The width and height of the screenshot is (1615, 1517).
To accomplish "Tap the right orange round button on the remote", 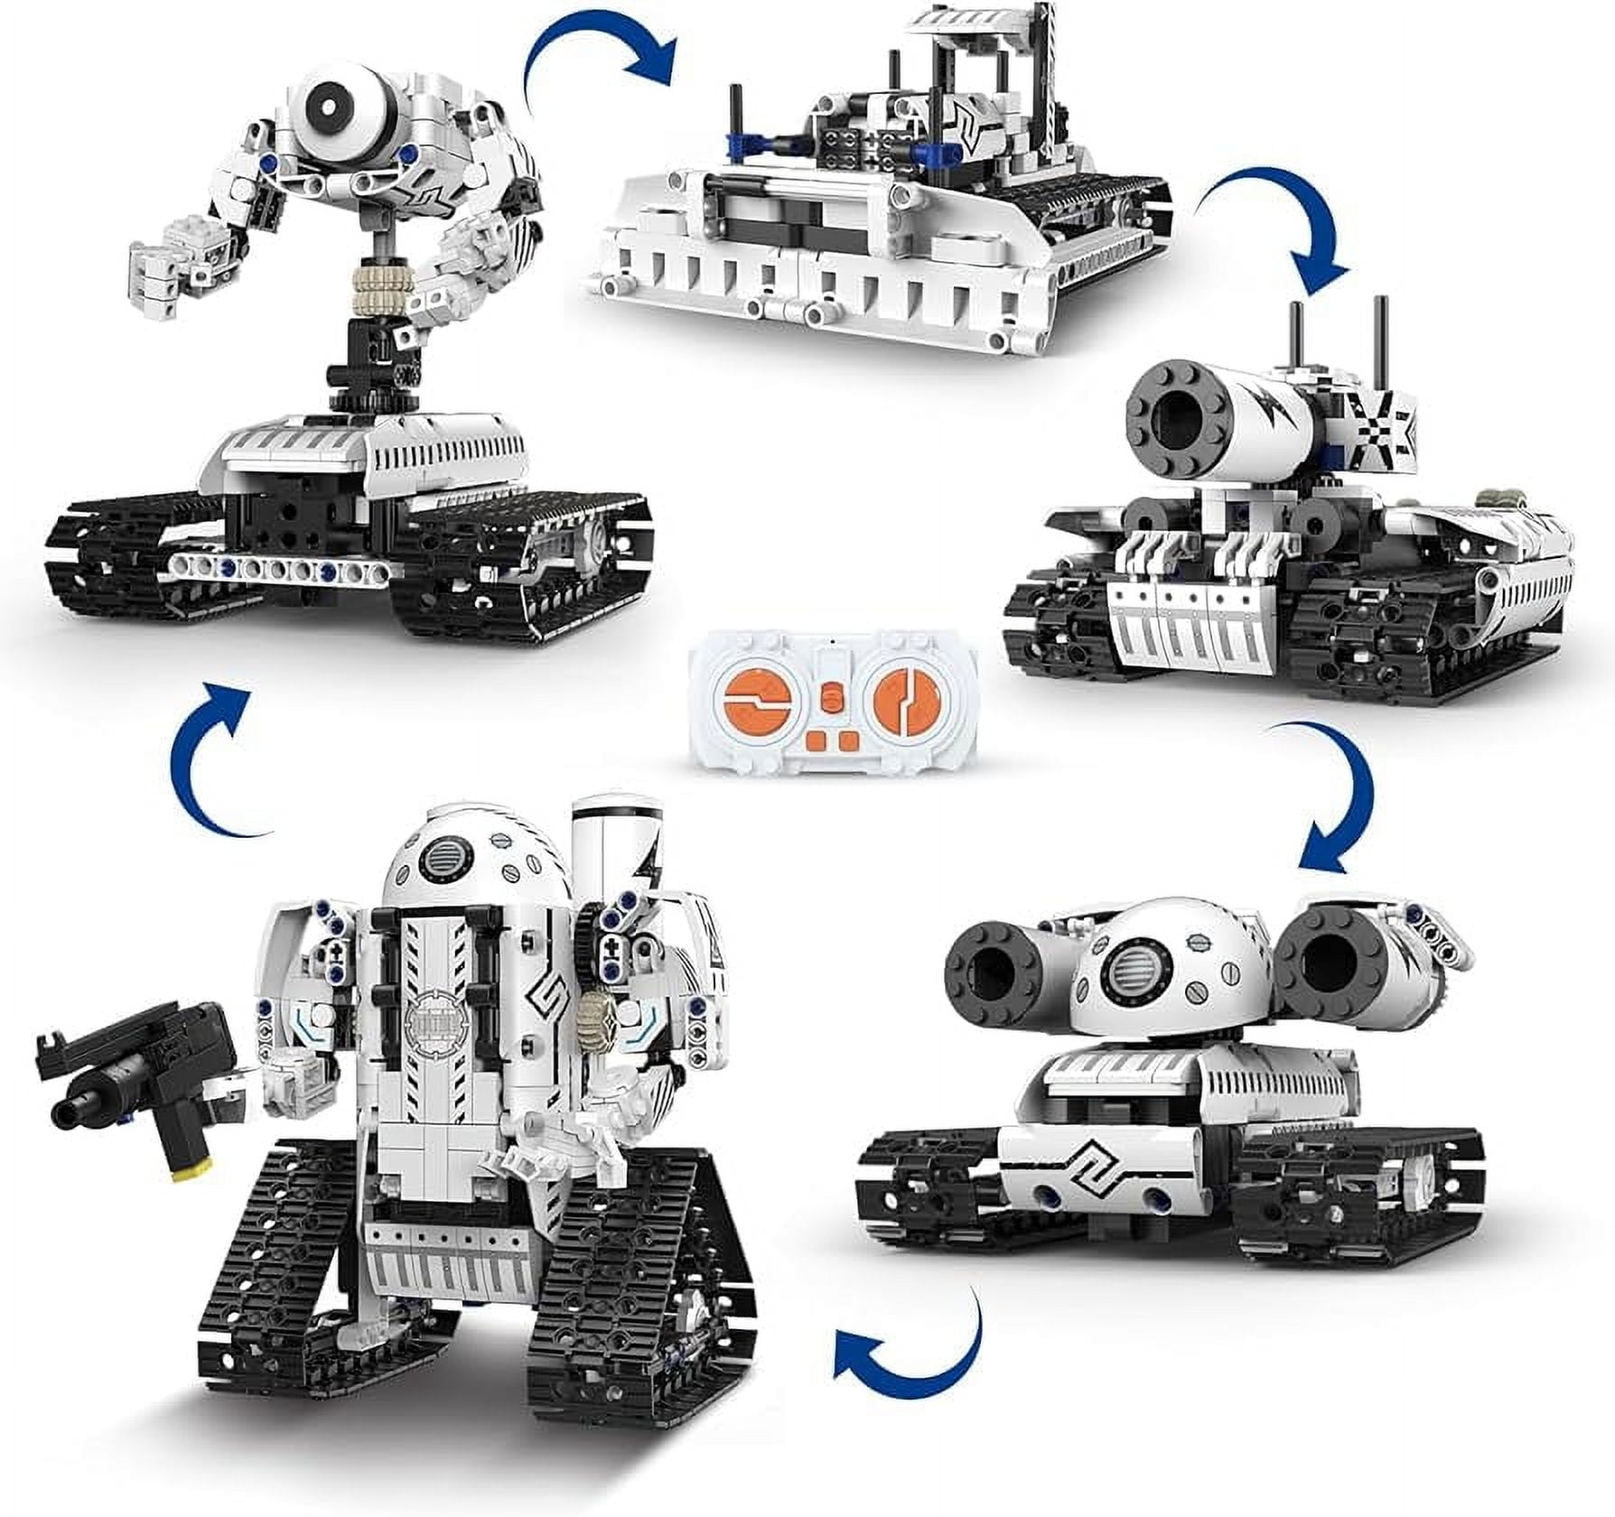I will point(900,701).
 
